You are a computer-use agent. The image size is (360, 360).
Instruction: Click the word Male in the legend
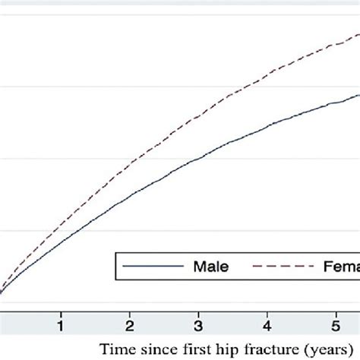point(211,267)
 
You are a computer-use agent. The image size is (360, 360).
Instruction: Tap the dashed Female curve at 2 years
point(131,163)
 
